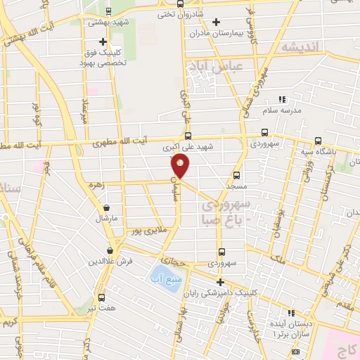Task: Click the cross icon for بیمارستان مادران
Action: (x=216, y=22)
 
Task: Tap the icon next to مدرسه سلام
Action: (x=283, y=100)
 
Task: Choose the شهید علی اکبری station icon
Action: (x=187, y=136)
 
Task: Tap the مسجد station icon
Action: (x=236, y=174)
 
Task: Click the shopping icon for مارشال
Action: (x=106, y=207)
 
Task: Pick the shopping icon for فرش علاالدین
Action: (x=110, y=250)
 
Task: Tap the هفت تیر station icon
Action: (x=102, y=297)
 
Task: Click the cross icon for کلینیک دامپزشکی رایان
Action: (x=220, y=282)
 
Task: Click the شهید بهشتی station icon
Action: (x=108, y=11)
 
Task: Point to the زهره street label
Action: (x=97, y=187)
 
